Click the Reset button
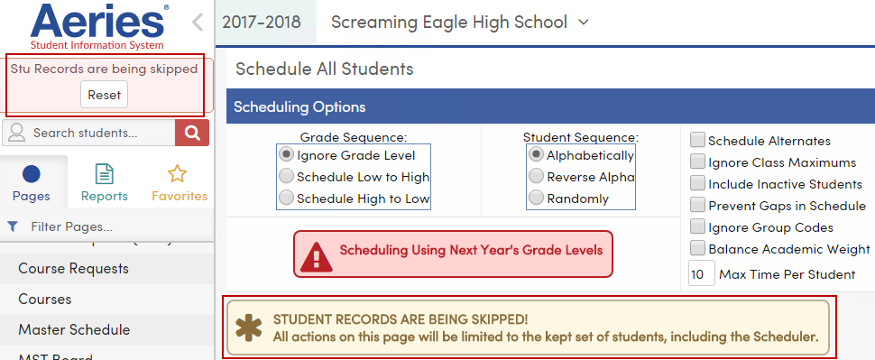(104, 95)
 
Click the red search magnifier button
(191, 133)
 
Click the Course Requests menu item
(73, 268)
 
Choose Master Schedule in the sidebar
(74, 329)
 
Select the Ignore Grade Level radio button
(287, 155)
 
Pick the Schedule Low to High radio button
(287, 177)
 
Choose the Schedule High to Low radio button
(287, 198)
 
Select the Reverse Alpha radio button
(537, 177)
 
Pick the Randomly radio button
(537, 198)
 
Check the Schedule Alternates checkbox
(697, 140)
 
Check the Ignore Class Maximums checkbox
(697, 162)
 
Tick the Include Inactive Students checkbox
(697, 183)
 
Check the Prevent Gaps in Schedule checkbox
(697, 206)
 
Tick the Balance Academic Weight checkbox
(697, 248)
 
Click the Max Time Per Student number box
(700, 273)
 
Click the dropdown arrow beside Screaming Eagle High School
(583, 22)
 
